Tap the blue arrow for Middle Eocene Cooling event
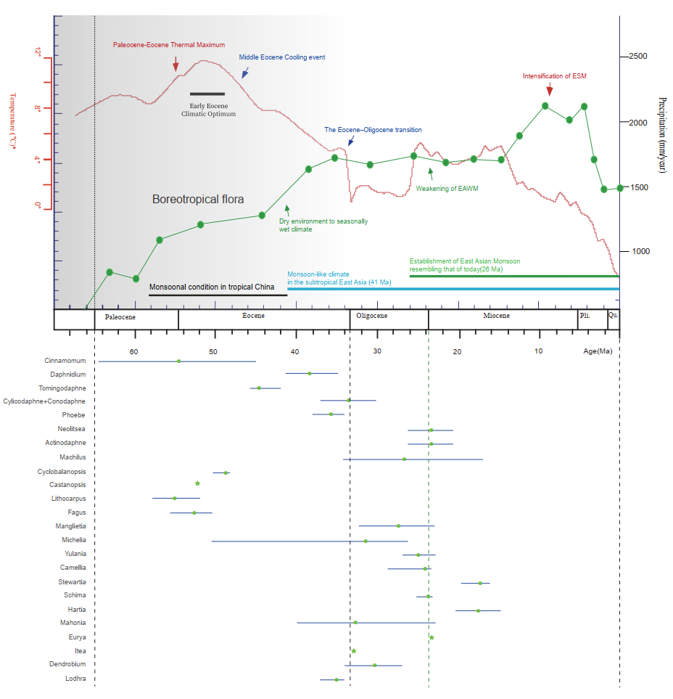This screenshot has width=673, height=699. [x=245, y=72]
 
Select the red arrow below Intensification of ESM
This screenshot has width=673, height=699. [x=549, y=87]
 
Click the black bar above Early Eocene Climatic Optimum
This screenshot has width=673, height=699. [x=207, y=94]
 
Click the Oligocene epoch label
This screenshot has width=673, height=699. [x=371, y=316]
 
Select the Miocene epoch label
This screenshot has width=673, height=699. [x=496, y=316]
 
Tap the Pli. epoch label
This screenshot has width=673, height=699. [x=585, y=316]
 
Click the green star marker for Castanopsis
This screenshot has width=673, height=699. [x=197, y=483]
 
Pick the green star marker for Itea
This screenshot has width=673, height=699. [x=353, y=651]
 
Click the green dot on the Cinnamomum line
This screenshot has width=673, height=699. [x=178, y=361]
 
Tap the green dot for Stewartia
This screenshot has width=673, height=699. [x=480, y=583]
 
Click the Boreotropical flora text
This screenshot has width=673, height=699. [x=198, y=199]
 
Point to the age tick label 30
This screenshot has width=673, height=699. [x=377, y=352]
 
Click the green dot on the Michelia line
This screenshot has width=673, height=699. [x=366, y=541]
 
